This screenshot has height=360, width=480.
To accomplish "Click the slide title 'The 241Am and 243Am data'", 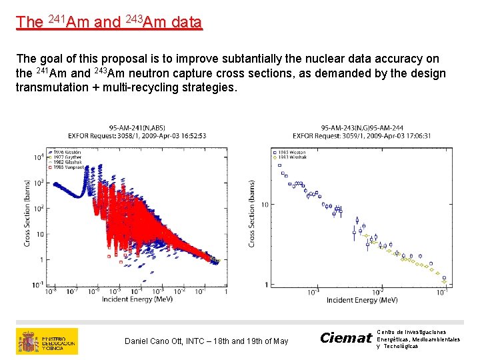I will (109, 22).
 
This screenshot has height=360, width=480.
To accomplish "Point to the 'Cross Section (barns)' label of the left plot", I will (27, 213).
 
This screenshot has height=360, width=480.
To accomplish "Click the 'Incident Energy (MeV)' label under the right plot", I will (362, 300).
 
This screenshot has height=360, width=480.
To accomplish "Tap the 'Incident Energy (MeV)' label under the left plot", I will (137, 299).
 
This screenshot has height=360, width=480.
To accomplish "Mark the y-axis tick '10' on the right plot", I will (264, 204).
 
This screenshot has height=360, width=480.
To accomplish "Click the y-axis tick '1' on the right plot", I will (266, 285).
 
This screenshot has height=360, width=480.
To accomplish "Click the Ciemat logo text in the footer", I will (345, 338).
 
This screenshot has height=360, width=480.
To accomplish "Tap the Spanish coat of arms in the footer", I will (29, 341).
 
